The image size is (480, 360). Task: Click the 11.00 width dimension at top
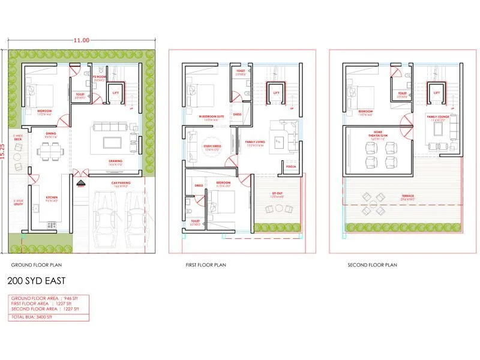tap(82, 40)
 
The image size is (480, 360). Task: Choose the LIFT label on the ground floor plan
tap(115, 93)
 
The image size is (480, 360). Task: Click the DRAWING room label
tap(116, 161)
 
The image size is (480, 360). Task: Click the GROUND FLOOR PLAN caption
tap(37, 264)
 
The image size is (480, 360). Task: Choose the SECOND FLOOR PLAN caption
tap(373, 264)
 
